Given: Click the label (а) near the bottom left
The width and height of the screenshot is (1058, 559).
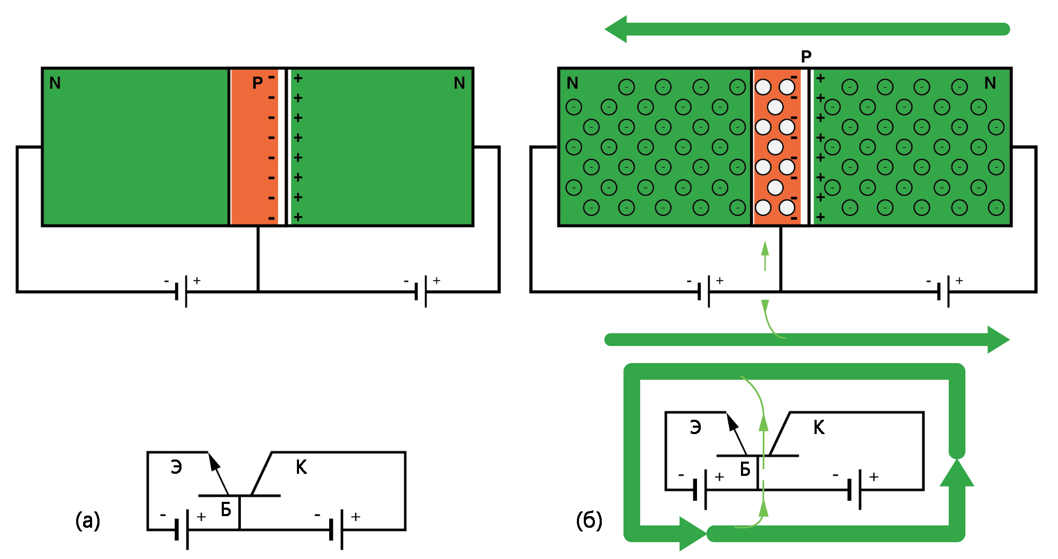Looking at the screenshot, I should pyautogui.click(x=88, y=521).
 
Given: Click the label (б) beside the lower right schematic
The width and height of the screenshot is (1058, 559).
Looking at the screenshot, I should pyautogui.click(x=589, y=521).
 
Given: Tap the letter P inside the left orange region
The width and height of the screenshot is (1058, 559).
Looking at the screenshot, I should pyautogui.click(x=257, y=83).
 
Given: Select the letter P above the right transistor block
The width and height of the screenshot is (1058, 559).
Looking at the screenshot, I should pyautogui.click(x=806, y=56).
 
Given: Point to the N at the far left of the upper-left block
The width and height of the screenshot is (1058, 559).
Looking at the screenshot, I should pyautogui.click(x=55, y=83).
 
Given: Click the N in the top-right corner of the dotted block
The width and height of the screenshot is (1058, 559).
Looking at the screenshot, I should pyautogui.click(x=990, y=83).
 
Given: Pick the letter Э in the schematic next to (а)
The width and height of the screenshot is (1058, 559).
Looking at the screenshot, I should pyautogui.click(x=176, y=467).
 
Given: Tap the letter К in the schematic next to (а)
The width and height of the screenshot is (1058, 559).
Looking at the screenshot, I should pyautogui.click(x=301, y=467).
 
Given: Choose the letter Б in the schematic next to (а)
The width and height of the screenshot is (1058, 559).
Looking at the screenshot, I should pyautogui.click(x=226, y=510).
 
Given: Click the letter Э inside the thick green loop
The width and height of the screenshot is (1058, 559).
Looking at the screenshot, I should pyautogui.click(x=695, y=427).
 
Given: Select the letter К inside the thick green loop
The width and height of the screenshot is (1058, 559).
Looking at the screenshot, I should pyautogui.click(x=819, y=427).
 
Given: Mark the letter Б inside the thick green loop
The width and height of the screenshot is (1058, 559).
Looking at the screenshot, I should pyautogui.click(x=745, y=469).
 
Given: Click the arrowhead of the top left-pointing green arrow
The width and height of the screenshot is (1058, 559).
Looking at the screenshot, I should pyautogui.click(x=617, y=29).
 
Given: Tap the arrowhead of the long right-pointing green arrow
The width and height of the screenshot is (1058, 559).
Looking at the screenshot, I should pyautogui.click(x=998, y=339).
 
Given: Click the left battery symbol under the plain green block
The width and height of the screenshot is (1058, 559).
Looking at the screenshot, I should pyautogui.click(x=181, y=291).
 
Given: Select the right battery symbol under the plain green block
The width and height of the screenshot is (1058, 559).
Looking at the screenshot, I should pyautogui.click(x=421, y=291).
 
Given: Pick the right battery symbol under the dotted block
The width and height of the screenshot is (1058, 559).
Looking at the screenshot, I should pyautogui.click(x=943, y=291).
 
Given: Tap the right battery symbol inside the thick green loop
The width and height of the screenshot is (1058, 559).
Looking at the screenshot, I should pyautogui.click(x=854, y=490).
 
